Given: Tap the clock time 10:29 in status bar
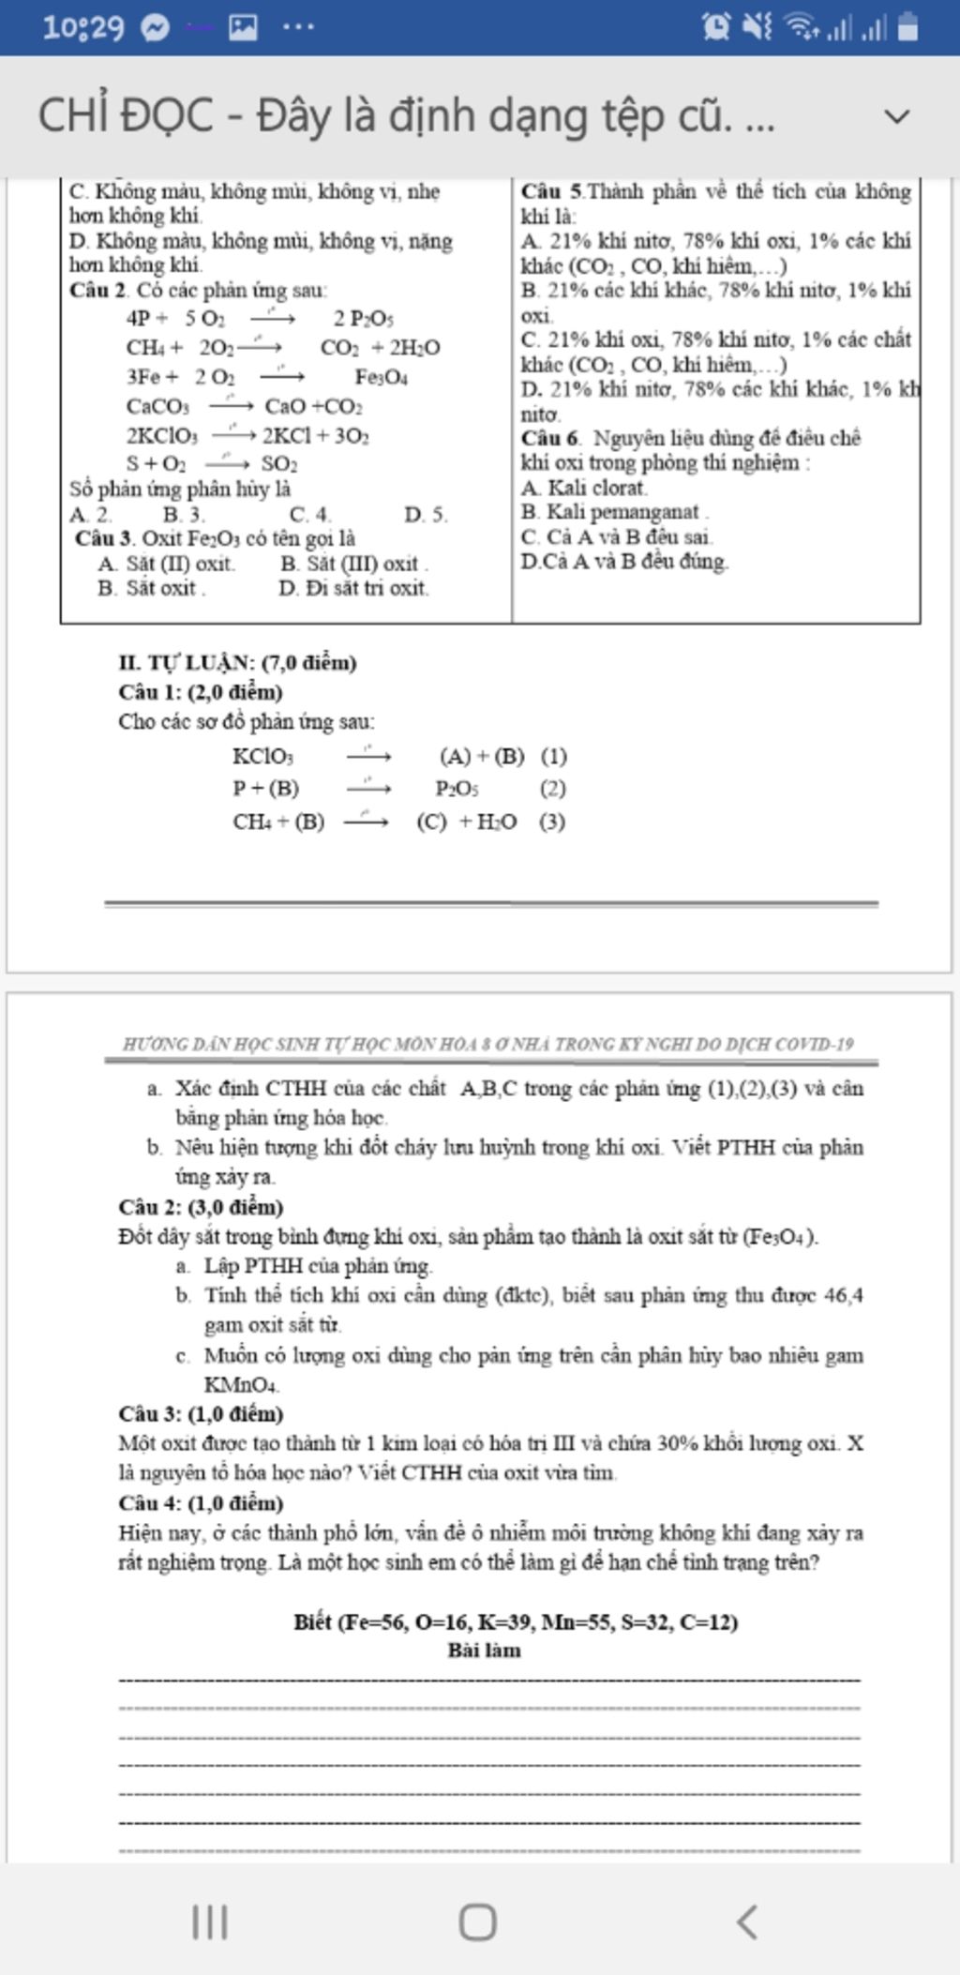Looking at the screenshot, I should [x=82, y=27].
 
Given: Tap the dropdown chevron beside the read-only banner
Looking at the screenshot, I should [x=897, y=116].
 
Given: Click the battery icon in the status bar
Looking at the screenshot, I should [x=907, y=27].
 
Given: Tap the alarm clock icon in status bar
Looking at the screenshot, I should [x=716, y=27].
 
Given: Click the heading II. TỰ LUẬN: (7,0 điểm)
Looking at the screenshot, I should [x=237, y=663].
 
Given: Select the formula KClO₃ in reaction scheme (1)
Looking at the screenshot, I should [x=263, y=757].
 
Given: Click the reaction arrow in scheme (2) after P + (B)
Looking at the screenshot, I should [x=368, y=789].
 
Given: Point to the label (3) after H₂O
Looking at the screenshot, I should [x=552, y=822].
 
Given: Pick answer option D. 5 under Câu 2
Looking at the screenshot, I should [x=426, y=515].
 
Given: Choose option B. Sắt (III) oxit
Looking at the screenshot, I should [x=353, y=564].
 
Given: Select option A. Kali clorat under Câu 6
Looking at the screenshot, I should [x=584, y=488].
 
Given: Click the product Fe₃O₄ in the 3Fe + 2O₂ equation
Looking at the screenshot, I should [x=381, y=377].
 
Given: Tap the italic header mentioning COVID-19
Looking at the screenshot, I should [x=488, y=1044].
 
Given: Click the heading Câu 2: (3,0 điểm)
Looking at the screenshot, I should [x=201, y=1207].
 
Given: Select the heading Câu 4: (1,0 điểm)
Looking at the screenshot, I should [x=201, y=1503].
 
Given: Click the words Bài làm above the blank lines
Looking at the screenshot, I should [x=484, y=1651].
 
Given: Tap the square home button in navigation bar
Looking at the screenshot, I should [x=477, y=1922].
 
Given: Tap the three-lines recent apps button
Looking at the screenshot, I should [x=210, y=1922].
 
